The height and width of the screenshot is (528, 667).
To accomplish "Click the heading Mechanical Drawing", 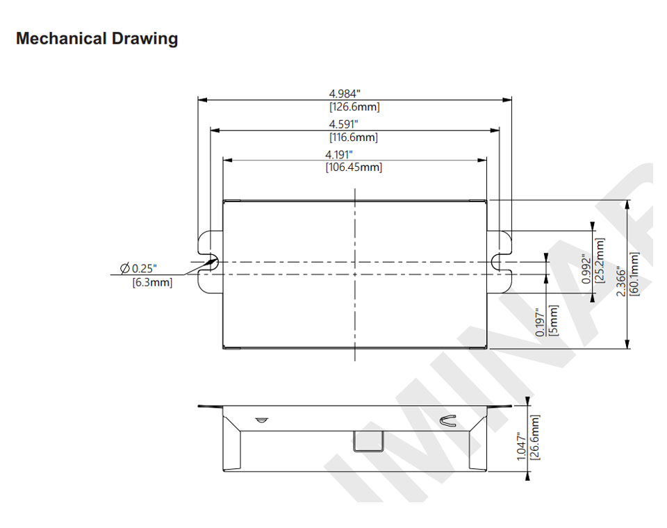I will click(x=97, y=39).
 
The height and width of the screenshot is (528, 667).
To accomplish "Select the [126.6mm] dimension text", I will click(x=354, y=107).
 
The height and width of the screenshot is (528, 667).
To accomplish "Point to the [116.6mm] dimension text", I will click(x=354, y=138).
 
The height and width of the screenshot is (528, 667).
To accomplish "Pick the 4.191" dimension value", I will click(x=340, y=154).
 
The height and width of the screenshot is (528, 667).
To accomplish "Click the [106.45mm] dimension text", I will click(x=354, y=167).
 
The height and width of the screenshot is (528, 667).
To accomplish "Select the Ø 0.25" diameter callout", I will click(x=138, y=268).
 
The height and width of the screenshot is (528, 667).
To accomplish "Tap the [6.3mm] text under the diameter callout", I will click(x=152, y=282).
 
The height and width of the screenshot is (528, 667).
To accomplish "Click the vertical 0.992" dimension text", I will click(x=586, y=267).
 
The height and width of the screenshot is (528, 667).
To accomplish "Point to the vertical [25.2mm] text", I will click(x=600, y=261).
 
